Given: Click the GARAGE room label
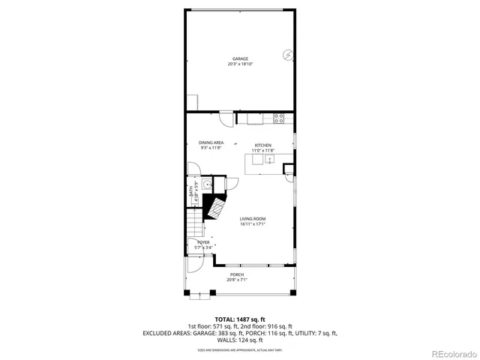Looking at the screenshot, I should point(240,58).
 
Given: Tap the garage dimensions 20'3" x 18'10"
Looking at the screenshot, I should point(240,64).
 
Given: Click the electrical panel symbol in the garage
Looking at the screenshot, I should point(287,55).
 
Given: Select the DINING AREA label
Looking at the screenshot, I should point(211,142).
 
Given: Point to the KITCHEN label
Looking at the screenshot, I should point(262,145).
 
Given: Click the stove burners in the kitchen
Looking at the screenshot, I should point(279,118).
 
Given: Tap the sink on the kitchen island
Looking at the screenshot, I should point(259,159).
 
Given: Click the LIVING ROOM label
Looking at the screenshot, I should point(253,219).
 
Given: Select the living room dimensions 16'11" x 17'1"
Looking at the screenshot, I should point(253,224).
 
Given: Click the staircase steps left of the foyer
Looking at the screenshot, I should point(194,225).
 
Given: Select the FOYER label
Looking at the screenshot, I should point(203,243).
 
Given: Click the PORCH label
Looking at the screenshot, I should point(237,274).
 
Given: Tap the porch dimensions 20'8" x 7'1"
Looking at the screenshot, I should point(237,280).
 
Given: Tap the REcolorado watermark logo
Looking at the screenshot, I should point(454,353).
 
